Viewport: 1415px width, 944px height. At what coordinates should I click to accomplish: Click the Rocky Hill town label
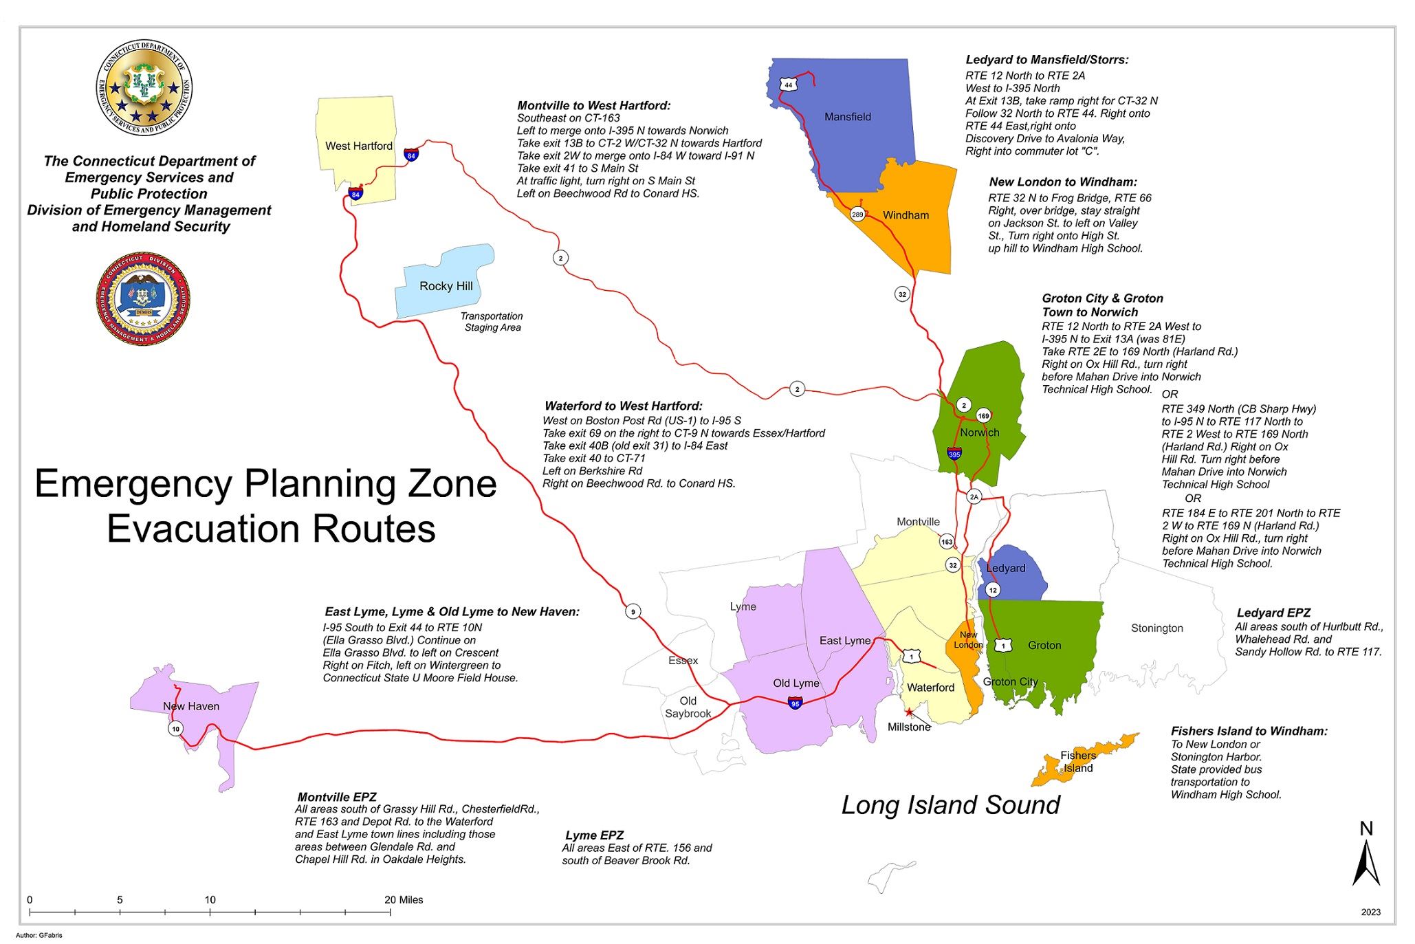(446, 286)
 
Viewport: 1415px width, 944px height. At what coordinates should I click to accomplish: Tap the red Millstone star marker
(909, 712)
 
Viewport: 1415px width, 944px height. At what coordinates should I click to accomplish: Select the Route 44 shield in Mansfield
(788, 85)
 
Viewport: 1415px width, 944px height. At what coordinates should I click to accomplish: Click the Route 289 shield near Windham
(857, 215)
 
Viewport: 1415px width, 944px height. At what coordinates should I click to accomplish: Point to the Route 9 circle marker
(633, 611)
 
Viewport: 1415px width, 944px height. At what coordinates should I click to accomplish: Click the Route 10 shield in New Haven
(176, 729)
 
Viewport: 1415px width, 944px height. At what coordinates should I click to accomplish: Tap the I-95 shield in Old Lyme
(795, 703)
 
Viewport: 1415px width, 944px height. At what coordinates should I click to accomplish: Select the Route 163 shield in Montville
(947, 542)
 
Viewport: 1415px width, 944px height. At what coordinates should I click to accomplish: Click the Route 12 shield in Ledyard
(992, 590)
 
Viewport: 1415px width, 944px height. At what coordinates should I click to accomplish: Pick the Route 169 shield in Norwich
(983, 416)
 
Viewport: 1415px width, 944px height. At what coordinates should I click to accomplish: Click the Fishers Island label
(1078, 762)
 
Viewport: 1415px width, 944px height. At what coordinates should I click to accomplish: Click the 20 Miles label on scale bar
(404, 899)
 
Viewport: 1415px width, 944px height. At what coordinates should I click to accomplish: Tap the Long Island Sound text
(950, 805)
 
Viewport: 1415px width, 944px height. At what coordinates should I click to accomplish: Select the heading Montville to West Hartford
(593, 105)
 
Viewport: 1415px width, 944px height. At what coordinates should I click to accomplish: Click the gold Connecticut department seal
(144, 87)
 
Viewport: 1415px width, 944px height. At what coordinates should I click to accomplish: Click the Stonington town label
(1156, 628)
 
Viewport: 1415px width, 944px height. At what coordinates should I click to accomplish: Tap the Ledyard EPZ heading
(1273, 613)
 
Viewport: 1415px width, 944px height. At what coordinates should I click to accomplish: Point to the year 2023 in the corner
(1370, 912)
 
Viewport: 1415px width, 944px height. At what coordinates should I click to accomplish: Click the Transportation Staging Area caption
(492, 322)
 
